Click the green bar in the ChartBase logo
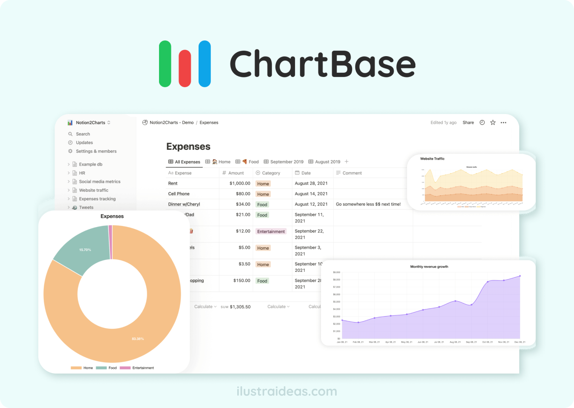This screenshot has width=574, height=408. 165,64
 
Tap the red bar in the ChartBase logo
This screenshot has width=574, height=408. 185,68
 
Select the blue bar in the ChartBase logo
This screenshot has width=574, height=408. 205,64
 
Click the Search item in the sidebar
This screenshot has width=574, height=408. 82,134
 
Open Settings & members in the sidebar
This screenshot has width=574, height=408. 96,151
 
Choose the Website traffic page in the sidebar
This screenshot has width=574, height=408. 94,190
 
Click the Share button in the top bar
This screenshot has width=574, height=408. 468,123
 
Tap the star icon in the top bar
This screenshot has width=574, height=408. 493,123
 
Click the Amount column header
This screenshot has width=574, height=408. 236,173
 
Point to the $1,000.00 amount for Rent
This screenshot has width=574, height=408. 240,183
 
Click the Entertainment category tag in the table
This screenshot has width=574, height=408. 271,231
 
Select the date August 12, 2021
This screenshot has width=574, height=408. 311,204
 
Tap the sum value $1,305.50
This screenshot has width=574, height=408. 240,307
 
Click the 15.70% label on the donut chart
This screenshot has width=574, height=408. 85,250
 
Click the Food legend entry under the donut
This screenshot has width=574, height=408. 112,368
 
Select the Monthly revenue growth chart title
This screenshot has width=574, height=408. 429,267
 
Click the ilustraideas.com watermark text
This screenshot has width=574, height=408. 287,391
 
